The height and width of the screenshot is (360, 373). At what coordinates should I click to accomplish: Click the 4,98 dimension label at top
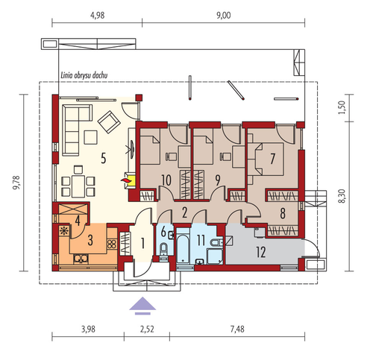pyautogui.click(x=98, y=16)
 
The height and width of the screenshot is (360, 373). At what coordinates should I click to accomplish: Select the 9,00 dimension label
pyautogui.click(x=224, y=16)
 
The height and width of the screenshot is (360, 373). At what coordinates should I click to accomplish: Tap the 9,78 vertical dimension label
pyautogui.click(x=16, y=183)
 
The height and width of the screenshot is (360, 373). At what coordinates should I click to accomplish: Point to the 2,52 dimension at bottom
pyautogui.click(x=147, y=329)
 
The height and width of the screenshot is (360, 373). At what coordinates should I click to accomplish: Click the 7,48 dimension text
pyautogui.click(x=237, y=329)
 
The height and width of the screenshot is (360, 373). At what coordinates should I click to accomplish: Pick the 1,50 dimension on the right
pyautogui.click(x=342, y=107)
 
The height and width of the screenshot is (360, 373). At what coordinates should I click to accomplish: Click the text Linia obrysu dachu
pyautogui.click(x=84, y=75)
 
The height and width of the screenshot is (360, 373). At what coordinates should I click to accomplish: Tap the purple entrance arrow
pyautogui.click(x=142, y=306)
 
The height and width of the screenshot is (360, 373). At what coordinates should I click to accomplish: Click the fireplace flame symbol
pyautogui.click(x=126, y=180)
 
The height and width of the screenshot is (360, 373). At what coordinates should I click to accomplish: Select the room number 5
pyautogui.click(x=104, y=158)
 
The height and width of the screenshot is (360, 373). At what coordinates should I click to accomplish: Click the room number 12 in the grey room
pyautogui.click(x=261, y=253)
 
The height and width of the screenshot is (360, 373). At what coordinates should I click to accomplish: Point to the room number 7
pyautogui.click(x=272, y=159)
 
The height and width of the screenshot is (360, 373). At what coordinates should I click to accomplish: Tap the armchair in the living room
pyautogui.click(x=109, y=122)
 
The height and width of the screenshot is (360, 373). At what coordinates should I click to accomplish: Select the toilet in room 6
pyautogui.click(x=163, y=249)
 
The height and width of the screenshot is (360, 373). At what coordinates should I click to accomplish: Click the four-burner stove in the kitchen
pyautogui.click(x=112, y=244)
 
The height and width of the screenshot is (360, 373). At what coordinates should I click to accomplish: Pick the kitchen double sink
pyautogui.click(x=81, y=259)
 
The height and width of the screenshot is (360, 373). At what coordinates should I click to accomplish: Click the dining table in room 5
pyautogui.click(x=78, y=186)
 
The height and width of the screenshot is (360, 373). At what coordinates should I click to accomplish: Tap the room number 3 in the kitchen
pyautogui.click(x=90, y=240)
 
